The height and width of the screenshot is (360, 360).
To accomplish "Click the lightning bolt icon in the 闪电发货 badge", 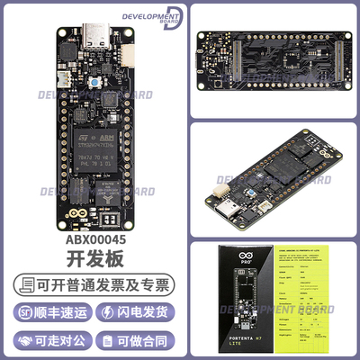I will pyautogui.click(x=111, y=311).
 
